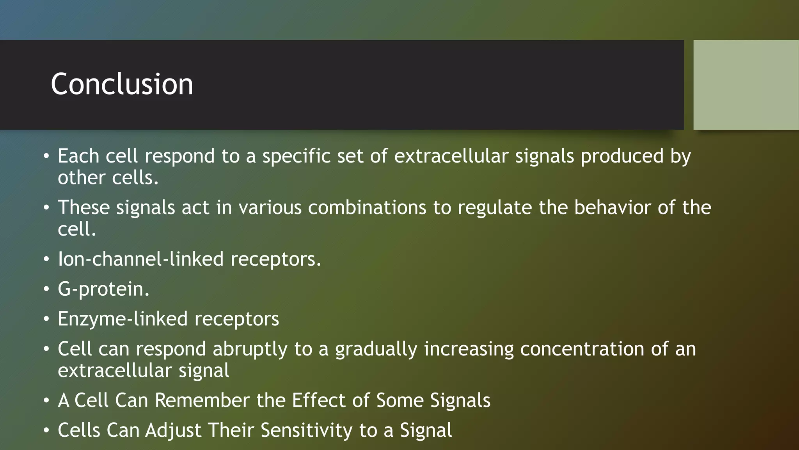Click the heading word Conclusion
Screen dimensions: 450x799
pyautogui.click(x=122, y=84)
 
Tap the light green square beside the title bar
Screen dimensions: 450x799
pyautogui.click(x=746, y=84)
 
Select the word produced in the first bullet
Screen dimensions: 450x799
pyautogui.click(x=622, y=156)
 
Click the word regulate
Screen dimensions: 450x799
pyautogui.click(x=494, y=207)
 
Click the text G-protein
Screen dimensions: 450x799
pyautogui.click(x=103, y=289)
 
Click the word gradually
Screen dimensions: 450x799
pyautogui.click(x=376, y=349)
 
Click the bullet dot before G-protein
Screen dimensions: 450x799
pyautogui.click(x=46, y=289)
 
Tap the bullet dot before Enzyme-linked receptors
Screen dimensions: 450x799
pyautogui.click(x=46, y=319)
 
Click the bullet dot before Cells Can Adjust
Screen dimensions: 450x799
pyautogui.click(x=46, y=430)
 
